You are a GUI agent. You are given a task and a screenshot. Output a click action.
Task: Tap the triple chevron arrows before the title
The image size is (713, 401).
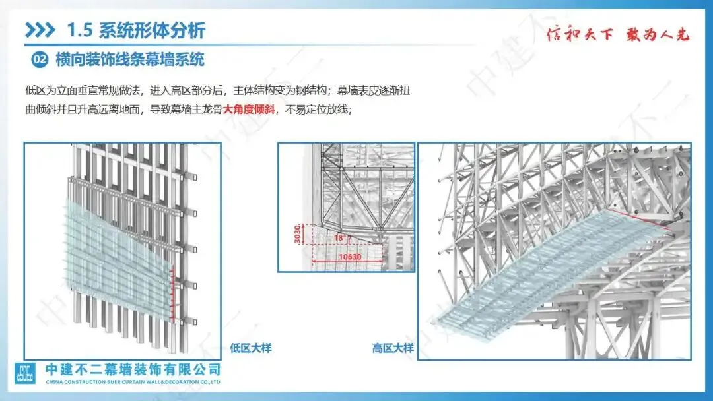[40, 30]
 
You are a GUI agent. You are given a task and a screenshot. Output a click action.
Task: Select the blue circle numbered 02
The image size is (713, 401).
[40, 60]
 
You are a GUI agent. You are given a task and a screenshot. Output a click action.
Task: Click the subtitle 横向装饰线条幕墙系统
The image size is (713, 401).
[130, 60]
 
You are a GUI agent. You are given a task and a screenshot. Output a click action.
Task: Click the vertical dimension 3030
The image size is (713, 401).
[298, 234]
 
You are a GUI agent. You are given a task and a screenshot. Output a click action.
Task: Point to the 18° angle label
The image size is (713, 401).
[339, 237]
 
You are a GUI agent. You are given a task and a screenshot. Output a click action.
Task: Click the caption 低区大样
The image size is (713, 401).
[251, 348]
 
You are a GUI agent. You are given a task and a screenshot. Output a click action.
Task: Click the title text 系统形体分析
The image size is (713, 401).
[152, 30]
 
